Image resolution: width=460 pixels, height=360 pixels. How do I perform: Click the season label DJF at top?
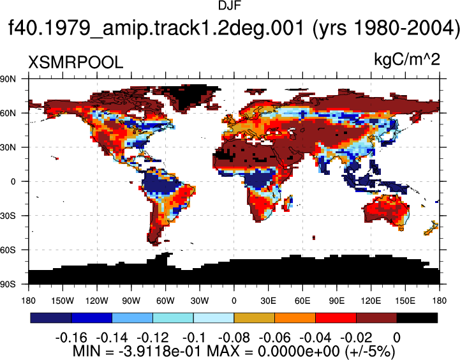pyautogui.click(x=230, y=6)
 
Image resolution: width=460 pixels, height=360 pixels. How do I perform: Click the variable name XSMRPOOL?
pyautogui.click(x=75, y=63)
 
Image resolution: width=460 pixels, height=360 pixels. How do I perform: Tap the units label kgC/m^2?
pyautogui.click(x=407, y=60)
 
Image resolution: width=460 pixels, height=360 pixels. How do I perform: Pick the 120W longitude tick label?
pyautogui.click(x=97, y=301)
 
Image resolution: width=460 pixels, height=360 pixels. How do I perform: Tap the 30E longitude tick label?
pyautogui.click(x=268, y=301)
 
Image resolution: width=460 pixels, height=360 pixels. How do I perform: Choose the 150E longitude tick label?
pyautogui.click(x=404, y=301)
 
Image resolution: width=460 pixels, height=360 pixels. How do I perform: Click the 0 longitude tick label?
pyautogui.click(x=234, y=301)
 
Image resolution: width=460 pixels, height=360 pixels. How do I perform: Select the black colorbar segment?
pyautogui.click(x=417, y=318)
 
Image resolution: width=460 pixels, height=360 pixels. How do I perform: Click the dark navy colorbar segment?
pyautogui.click(x=51, y=318)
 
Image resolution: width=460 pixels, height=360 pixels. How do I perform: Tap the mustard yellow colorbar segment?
pyautogui.click(x=255, y=318)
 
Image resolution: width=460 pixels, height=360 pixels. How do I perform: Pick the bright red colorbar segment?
pyautogui.click(x=336, y=318)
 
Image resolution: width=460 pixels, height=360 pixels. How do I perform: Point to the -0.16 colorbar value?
pyautogui.click(x=71, y=338)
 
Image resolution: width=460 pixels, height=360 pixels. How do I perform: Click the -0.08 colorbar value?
pyautogui.click(x=234, y=338)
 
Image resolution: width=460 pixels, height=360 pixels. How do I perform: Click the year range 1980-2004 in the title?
pyautogui.click(x=383, y=27)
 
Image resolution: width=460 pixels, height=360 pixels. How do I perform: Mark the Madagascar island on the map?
pyautogui.click(x=288, y=204)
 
